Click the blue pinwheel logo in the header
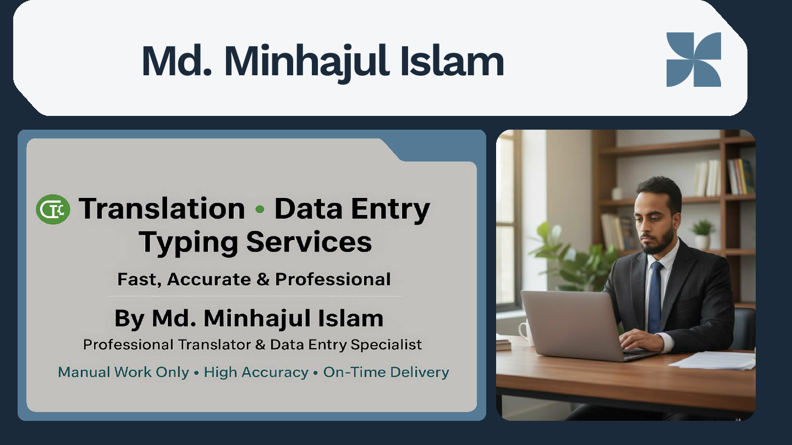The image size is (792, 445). pos(694,59)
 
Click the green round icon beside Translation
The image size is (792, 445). pos(53,209)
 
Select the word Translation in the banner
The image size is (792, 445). pos(162,209)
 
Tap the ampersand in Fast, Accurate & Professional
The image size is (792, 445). pos(263,280)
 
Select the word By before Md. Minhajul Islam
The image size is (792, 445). pos(129,319)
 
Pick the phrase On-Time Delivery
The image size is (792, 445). pos(386,372)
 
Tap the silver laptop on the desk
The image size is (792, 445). pos(572,324)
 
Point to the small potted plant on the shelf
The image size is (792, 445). pos(702,233)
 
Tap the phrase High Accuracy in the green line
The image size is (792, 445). pos(256,372)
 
